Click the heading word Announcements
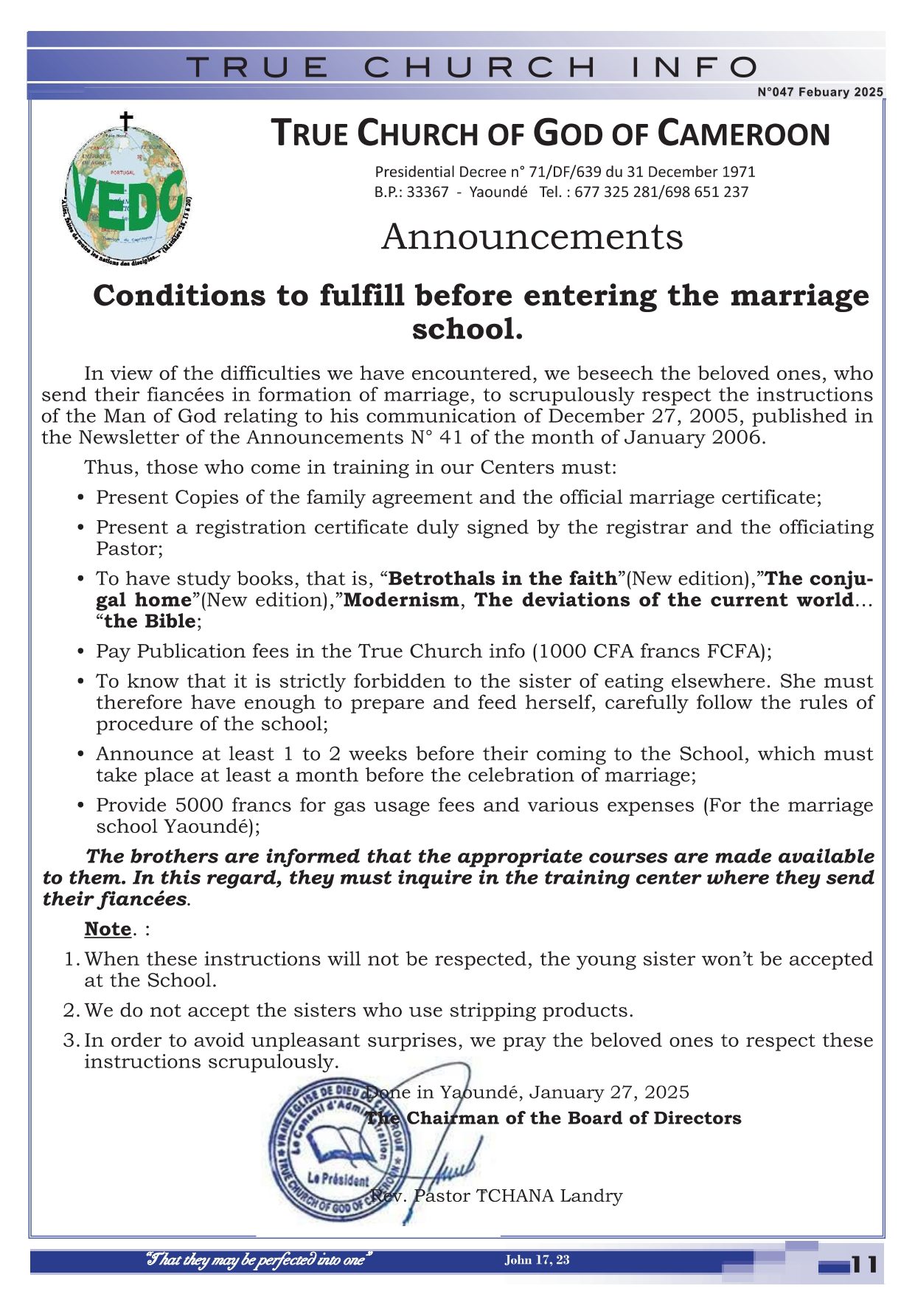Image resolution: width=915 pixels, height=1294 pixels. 532,238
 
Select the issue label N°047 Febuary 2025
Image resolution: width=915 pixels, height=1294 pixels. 820,92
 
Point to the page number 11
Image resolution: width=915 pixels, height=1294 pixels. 864,1264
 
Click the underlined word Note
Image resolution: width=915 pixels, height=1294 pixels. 108,929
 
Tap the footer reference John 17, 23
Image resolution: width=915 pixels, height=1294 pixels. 537,1260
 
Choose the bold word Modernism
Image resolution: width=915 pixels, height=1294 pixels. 401,600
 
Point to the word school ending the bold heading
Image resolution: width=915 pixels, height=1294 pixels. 467,329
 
